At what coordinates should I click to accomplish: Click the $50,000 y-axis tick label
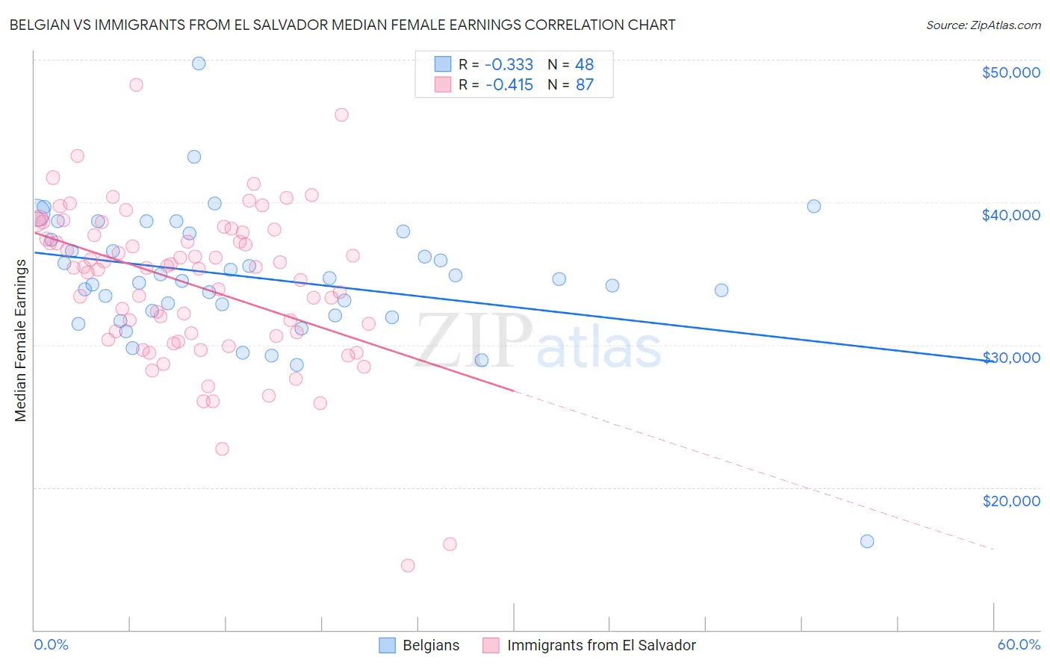pos(1010,72)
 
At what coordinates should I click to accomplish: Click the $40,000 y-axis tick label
pos(1010,215)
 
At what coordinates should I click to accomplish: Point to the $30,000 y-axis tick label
pos(1010,358)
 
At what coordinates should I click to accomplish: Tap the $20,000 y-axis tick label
pos(1011,501)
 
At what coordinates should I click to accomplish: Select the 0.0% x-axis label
pos(51,645)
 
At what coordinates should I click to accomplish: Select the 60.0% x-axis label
pos(1019,645)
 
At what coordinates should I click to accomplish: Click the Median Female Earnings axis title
pos(21,340)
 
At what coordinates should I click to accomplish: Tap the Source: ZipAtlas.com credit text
pos(983,25)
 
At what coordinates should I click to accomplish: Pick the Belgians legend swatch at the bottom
pos(387,645)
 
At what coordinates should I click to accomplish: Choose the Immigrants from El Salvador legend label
pos(601,645)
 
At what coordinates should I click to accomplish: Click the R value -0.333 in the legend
pos(509,64)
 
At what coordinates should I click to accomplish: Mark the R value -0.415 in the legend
pos(509,84)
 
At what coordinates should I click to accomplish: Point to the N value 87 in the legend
pos(585,84)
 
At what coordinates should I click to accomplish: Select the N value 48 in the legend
pos(584,64)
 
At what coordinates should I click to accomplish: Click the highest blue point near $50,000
pos(199,63)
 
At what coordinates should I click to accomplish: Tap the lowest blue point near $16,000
pos(867,541)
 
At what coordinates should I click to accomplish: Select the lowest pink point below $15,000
pos(408,565)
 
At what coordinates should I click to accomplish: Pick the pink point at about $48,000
pos(136,84)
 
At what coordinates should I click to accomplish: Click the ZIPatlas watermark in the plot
pos(538,342)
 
